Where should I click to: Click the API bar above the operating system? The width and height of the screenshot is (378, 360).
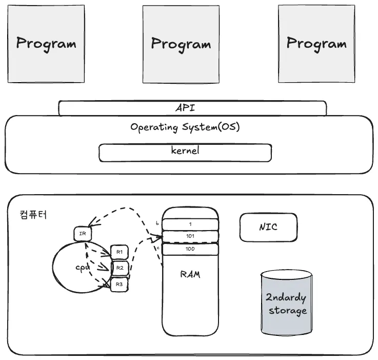192,108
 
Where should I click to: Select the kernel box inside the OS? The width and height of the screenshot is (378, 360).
185,152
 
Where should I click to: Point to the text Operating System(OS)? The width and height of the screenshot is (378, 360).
185,127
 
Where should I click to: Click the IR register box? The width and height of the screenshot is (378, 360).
82,234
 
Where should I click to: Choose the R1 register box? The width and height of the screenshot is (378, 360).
120,252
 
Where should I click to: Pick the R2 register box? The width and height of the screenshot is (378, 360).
120,268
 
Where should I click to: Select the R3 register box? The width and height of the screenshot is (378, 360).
120,283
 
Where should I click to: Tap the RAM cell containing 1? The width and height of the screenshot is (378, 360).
190,224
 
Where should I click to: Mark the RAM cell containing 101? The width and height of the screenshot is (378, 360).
190,236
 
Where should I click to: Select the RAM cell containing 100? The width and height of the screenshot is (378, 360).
190,249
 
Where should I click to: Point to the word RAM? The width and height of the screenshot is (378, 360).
190,275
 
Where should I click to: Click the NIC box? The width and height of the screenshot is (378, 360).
268,227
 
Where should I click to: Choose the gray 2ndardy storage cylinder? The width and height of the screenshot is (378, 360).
286,303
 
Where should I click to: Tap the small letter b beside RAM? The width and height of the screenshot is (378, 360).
157,223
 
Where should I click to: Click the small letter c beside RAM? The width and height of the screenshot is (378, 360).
157,248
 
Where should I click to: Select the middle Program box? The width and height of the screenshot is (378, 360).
181,44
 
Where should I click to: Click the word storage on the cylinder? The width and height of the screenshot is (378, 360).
287,311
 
